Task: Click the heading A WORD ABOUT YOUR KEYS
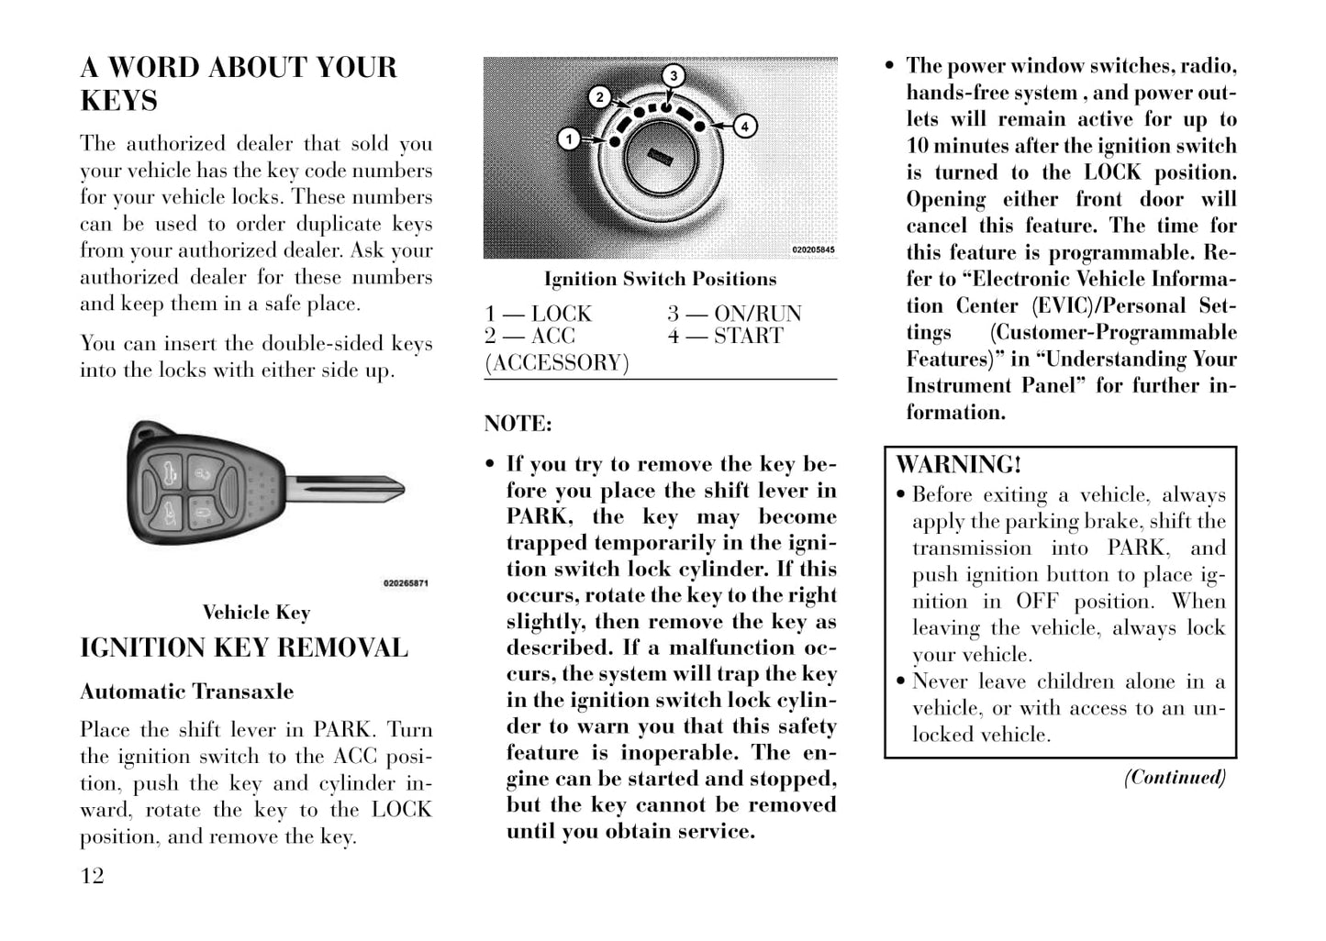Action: (x=239, y=83)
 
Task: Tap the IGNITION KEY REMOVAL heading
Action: (x=244, y=648)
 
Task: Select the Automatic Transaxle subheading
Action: (x=187, y=692)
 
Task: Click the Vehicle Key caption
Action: (x=256, y=613)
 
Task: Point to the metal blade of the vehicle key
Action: (x=344, y=488)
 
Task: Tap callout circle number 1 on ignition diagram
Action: (x=569, y=139)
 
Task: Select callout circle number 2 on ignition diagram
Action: (x=599, y=97)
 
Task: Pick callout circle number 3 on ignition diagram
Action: (x=673, y=75)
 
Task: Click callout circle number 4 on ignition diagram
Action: (x=744, y=126)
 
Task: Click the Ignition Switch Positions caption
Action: (x=660, y=279)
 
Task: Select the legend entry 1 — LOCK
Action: (x=539, y=314)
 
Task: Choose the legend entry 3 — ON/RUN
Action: (x=734, y=314)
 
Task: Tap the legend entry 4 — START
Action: (x=725, y=336)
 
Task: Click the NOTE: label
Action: (x=518, y=424)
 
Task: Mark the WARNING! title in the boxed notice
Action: (x=958, y=465)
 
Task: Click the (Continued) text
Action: (x=1176, y=778)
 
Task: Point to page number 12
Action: (x=93, y=876)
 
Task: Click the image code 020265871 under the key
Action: (x=405, y=583)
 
